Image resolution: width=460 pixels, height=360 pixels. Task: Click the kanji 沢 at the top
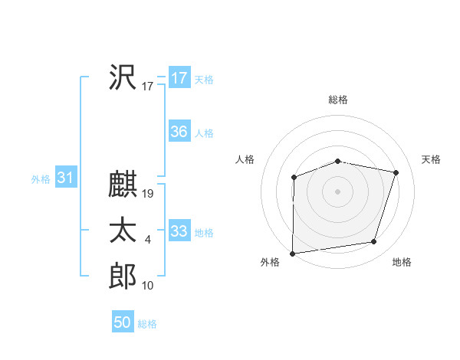coord(123,77)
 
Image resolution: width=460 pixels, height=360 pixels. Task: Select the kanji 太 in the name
coord(123,231)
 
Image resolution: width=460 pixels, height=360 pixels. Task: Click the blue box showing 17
coord(179,78)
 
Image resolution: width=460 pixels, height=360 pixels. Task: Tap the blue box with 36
coord(179,132)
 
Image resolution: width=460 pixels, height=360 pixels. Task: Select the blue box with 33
coord(179,231)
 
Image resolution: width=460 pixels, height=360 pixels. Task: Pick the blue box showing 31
coord(64,178)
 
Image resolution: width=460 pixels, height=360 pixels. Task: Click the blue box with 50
coord(122,322)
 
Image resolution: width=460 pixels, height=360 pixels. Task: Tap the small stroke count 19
coord(148,195)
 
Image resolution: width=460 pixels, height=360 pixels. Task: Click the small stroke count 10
coord(148,286)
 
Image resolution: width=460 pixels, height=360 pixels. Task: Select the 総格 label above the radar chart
coord(338,100)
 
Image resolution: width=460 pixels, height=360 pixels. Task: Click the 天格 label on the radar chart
coord(432,159)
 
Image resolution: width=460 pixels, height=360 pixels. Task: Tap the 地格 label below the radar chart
coord(402,262)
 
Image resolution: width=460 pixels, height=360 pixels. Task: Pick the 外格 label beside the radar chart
coord(270,262)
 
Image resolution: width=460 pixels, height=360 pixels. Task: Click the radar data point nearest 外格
coord(293,253)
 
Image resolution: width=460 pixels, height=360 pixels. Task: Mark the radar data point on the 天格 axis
coord(396,172)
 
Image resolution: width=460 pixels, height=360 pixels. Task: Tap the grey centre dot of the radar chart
coord(337,191)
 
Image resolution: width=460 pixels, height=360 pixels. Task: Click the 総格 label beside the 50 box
coord(147,324)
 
